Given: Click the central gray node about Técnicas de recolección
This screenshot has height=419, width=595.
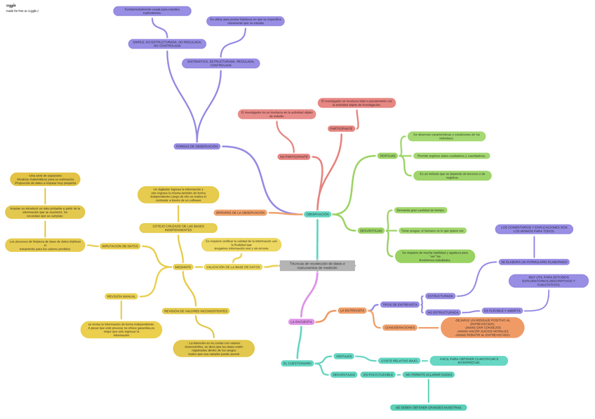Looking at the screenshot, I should [317, 265].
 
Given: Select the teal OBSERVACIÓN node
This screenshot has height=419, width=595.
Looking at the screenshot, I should [317, 214].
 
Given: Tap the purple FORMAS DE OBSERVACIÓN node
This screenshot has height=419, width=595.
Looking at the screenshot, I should [197, 147].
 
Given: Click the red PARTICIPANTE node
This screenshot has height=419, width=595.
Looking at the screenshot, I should [341, 129].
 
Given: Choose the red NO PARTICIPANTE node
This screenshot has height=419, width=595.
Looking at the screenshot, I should [294, 157].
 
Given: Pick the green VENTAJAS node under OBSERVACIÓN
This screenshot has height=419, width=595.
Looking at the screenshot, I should [387, 156].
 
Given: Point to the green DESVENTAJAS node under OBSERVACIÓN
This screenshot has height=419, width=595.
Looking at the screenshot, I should [371, 231].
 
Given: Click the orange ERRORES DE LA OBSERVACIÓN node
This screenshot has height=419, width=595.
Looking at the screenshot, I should [241, 213].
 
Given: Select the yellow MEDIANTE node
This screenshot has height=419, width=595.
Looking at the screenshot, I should [183, 267].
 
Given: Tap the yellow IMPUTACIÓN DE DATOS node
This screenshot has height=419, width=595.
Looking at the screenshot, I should [120, 246].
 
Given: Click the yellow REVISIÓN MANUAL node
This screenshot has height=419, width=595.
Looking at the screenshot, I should [121, 296].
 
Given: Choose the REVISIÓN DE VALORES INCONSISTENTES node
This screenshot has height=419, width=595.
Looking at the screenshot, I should [196, 311].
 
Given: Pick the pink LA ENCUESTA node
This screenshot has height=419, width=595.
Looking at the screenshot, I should [302, 322].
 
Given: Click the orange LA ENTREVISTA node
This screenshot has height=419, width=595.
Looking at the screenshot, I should [352, 310].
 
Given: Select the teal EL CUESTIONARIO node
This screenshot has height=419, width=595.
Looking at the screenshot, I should [297, 364].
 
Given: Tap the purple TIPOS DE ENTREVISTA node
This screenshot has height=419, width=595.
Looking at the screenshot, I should [399, 305].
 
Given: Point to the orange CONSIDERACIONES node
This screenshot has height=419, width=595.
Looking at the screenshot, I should [400, 327].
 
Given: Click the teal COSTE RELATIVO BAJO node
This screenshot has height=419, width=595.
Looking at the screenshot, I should [399, 361].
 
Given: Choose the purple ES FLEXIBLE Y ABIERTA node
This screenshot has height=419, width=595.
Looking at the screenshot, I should [502, 310].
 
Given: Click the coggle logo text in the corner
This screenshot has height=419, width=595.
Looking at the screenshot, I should [11, 5].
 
